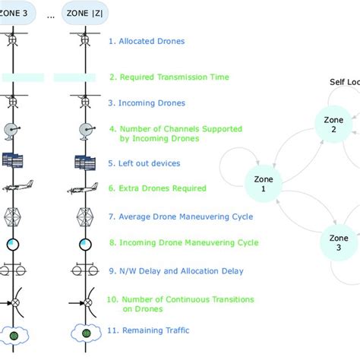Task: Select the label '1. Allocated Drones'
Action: point(147,41)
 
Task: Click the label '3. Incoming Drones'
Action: point(147,103)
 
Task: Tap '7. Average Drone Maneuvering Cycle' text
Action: point(181,216)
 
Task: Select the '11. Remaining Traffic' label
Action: point(148,330)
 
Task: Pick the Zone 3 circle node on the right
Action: point(339,242)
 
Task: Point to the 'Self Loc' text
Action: point(343,82)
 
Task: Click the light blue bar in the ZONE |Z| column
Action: point(74,77)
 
